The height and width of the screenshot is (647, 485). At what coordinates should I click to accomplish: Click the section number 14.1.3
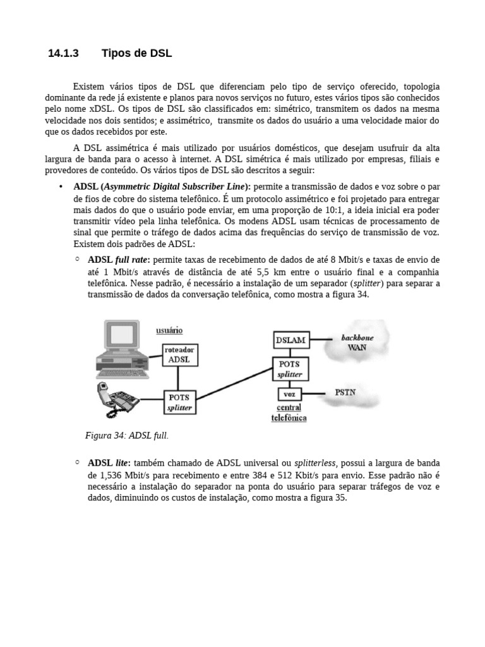point(63,54)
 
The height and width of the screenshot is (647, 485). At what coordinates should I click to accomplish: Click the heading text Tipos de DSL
point(136,54)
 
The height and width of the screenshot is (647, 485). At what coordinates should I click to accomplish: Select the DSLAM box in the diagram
point(290,340)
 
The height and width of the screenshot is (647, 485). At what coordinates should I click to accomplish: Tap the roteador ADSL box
point(180,354)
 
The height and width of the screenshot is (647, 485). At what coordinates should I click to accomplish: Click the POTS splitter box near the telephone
point(179,402)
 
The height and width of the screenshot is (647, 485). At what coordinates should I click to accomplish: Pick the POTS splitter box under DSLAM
point(290,369)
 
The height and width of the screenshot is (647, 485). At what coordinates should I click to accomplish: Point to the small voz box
point(289,394)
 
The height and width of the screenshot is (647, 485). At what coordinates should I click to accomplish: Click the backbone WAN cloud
point(357,342)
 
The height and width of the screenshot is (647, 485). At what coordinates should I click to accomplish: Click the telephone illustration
point(117,399)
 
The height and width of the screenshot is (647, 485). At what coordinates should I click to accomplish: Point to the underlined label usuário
point(169,330)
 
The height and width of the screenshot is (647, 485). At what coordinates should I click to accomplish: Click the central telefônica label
point(289,413)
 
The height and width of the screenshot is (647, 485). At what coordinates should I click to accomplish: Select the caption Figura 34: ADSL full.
point(127,435)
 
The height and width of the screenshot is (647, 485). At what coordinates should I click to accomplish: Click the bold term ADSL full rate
point(119,260)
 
